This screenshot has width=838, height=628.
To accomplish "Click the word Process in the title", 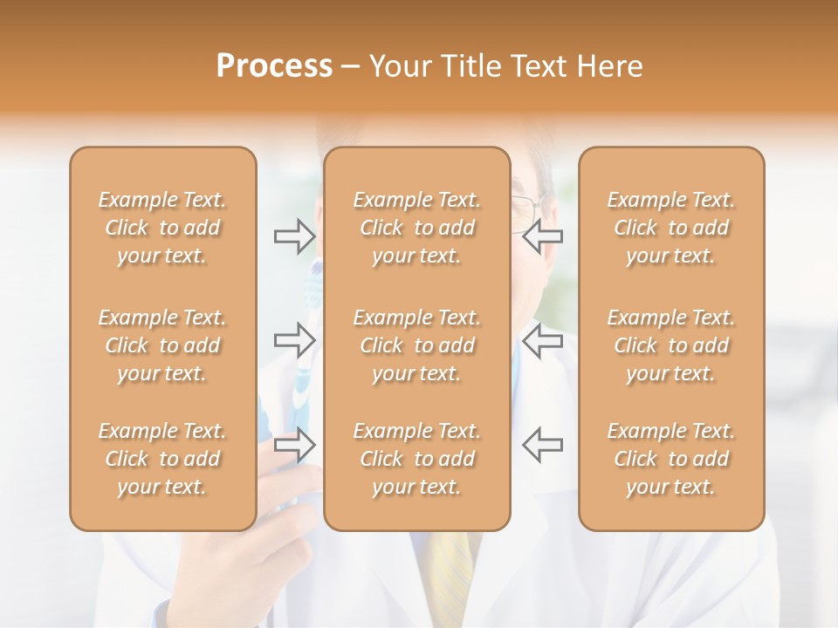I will point(274,66).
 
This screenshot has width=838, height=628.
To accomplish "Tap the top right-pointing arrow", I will point(294,235).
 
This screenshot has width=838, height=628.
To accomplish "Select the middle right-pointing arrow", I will point(294,340).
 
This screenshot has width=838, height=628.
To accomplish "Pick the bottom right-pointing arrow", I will point(294,445).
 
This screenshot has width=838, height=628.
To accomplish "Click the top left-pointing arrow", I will point(543,235).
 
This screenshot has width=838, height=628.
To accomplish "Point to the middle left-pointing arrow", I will point(543,340).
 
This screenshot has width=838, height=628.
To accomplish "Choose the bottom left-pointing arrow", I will point(543,445).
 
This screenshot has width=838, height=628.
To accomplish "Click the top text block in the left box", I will point(162,228).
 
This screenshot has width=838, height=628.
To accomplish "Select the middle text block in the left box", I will point(162,345).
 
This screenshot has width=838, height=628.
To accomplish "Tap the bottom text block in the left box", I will point(162,459).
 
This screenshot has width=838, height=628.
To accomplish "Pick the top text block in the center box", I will point(416,228).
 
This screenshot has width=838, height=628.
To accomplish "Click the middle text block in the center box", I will point(416,345).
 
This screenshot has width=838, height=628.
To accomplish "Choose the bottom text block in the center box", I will point(416,459).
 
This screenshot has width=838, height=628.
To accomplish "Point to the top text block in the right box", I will point(671,228).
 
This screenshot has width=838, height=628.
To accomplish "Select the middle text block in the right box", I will point(671,345).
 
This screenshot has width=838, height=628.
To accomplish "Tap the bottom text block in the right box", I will point(671,459).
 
